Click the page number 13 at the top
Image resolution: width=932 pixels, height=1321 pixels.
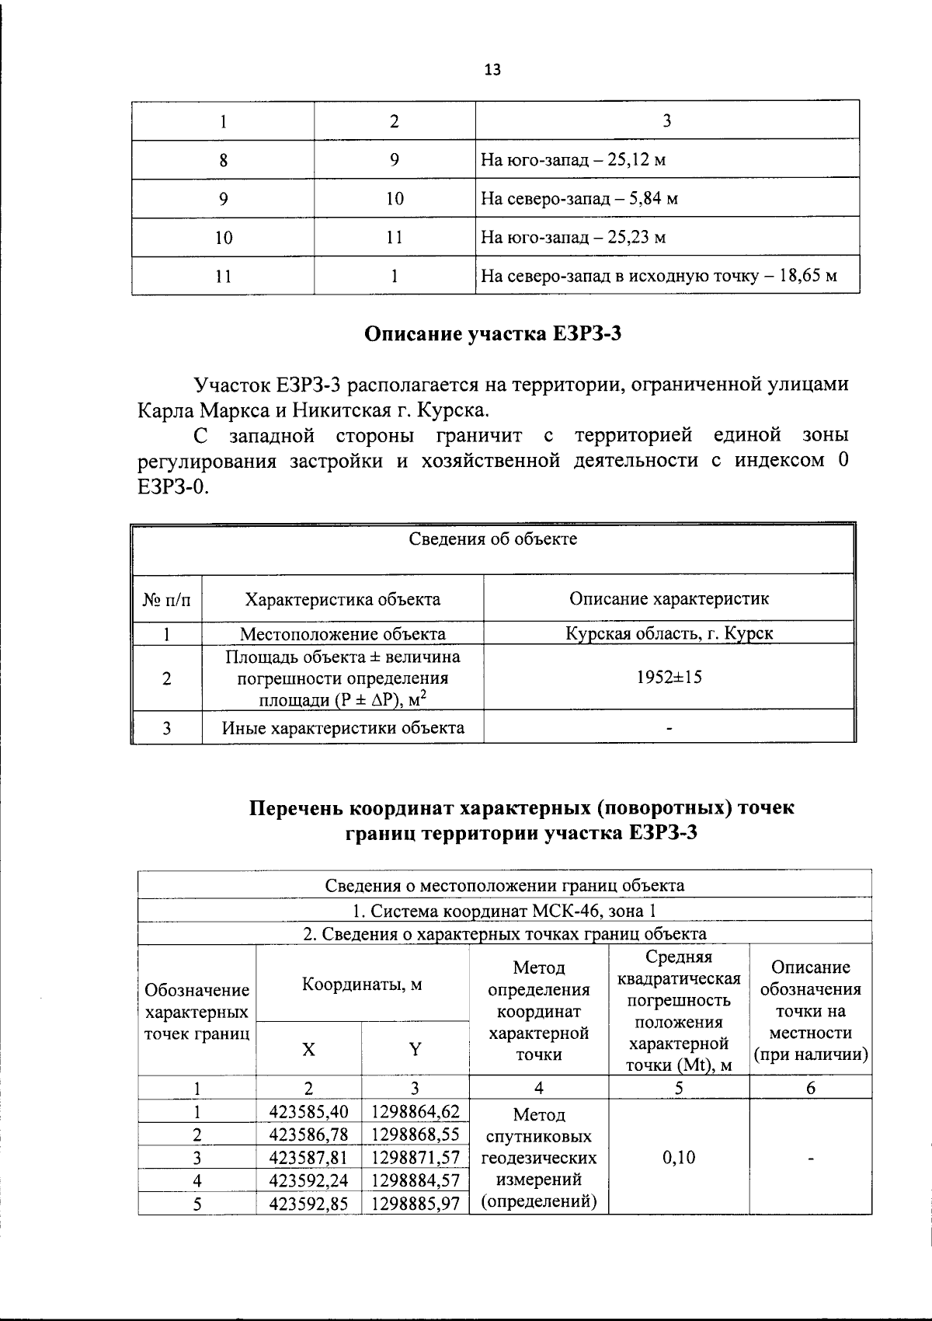point(492,70)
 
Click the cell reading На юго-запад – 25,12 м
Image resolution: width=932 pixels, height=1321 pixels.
point(573,160)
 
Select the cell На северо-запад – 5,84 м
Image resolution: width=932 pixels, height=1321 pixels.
point(579,199)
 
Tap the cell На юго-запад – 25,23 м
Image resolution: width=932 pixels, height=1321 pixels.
point(573,238)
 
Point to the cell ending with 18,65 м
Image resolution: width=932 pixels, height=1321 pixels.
point(659,276)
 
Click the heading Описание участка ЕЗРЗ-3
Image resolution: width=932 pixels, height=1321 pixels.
point(494,335)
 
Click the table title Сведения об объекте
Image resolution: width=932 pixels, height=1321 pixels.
point(493,539)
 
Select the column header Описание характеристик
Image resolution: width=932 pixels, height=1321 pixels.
point(669,598)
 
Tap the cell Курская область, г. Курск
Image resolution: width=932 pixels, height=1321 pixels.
point(669,633)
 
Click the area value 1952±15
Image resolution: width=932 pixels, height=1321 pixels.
point(669,677)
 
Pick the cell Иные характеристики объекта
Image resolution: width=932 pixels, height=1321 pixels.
point(343,728)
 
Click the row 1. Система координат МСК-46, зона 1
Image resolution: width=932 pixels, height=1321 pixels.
point(504,910)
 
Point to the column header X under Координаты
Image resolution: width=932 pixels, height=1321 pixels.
point(308,1049)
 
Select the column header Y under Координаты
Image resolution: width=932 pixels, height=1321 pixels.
point(415,1049)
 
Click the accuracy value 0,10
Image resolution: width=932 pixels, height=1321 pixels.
point(679,1157)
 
